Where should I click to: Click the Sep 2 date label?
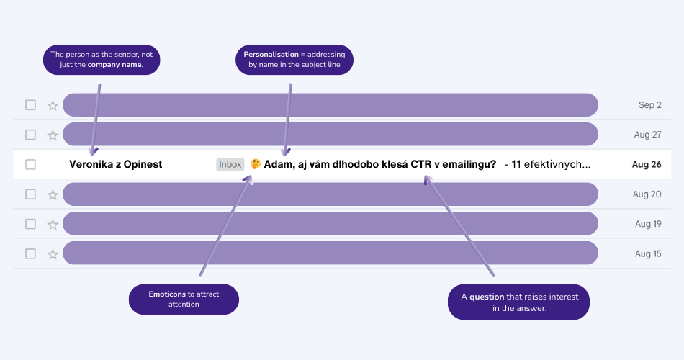649,105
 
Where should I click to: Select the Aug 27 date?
647,135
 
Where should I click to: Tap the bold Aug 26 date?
647,164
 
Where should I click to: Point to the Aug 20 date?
647,194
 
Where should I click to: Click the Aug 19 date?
648,224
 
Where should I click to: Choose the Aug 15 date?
648,253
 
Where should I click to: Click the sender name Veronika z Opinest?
116,164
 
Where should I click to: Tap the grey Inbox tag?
230,164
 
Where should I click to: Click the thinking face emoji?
256,164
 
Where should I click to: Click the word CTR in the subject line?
422,164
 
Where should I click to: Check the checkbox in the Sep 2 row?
30,105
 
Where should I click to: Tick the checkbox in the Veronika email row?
30,164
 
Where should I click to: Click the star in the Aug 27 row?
53,135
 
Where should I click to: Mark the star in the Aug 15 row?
53,253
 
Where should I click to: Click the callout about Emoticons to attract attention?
184,299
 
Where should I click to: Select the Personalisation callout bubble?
294,60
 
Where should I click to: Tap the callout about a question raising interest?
518,302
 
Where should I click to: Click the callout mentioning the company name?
102,60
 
